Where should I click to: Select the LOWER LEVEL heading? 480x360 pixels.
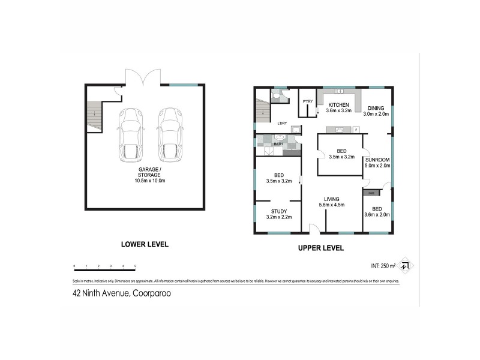pos(145,244)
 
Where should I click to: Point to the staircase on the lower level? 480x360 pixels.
pos(95,116)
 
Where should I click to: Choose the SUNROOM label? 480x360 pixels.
pos(378,163)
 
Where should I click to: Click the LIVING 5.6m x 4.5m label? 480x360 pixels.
pos(332,202)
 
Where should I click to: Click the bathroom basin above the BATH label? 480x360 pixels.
pos(280,137)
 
